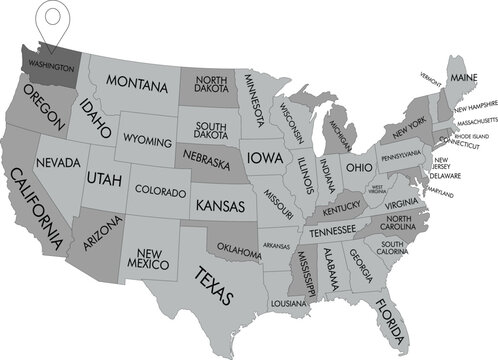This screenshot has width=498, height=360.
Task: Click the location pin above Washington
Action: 48,22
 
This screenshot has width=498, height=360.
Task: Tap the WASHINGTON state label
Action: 50,68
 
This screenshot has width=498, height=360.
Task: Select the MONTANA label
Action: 135,81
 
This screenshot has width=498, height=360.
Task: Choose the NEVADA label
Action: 58,162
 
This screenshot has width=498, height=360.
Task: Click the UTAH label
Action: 105,178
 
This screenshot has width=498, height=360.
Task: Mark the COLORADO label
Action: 159,189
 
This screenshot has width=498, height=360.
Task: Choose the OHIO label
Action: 360,165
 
